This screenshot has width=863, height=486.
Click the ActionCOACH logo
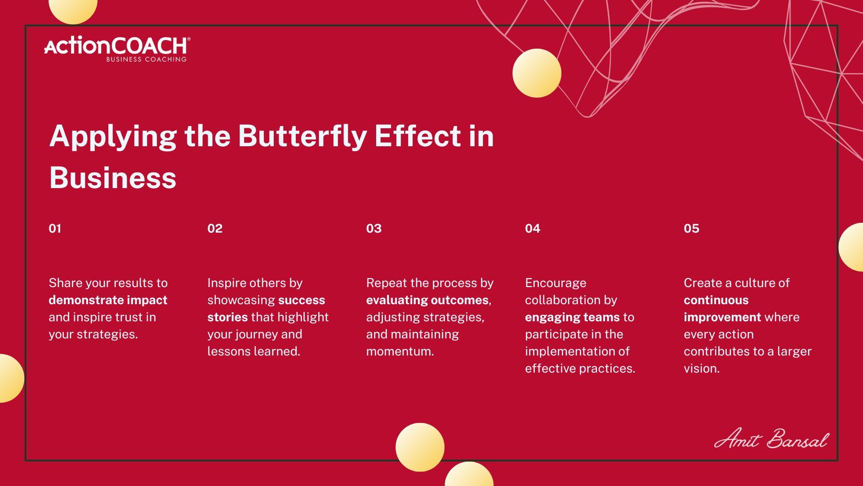click(117, 49)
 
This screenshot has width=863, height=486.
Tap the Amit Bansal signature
click(771, 438)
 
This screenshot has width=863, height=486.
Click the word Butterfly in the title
click(302, 136)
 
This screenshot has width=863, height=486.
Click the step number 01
click(55, 229)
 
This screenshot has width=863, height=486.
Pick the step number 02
click(215, 229)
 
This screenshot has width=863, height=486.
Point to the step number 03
click(374, 229)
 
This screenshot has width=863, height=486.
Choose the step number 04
click(533, 229)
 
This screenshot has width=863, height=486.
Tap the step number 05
click(692, 229)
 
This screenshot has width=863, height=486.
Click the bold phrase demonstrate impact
click(108, 300)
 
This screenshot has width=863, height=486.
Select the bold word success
click(302, 300)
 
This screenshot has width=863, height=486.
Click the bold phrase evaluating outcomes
click(427, 300)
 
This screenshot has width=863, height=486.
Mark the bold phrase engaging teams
click(572, 317)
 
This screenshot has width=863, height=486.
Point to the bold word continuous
click(716, 300)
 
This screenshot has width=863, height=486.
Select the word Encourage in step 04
click(556, 283)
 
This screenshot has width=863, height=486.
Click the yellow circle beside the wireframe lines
click(537, 73)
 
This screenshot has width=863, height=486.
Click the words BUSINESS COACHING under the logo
click(146, 59)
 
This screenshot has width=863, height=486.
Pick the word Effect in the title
click(418, 136)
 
